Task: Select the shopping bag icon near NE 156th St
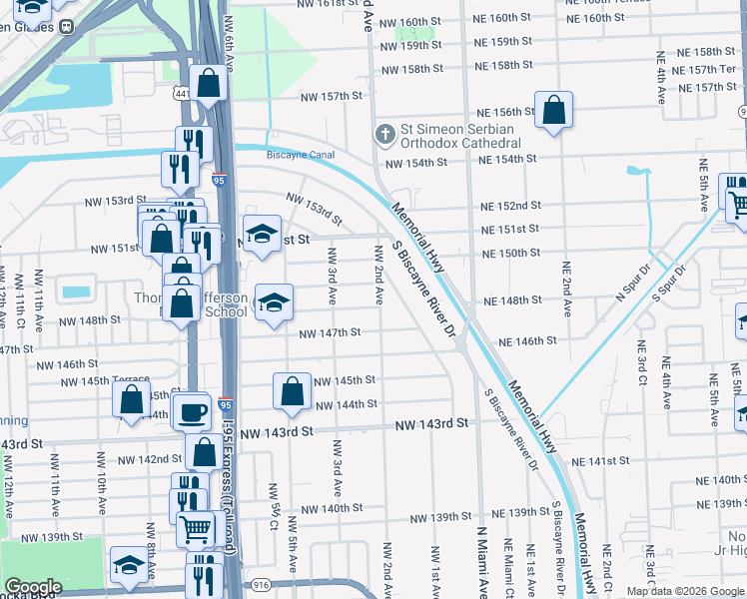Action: (x=553, y=112)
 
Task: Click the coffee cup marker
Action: (x=191, y=409)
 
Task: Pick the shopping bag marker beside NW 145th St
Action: (x=292, y=393)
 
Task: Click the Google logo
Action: (x=32, y=587)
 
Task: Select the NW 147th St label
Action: (x=330, y=332)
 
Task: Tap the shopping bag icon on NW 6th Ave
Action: (x=210, y=85)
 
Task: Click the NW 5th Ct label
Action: (x=273, y=500)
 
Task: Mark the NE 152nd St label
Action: (x=510, y=206)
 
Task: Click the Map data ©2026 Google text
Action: (x=684, y=591)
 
